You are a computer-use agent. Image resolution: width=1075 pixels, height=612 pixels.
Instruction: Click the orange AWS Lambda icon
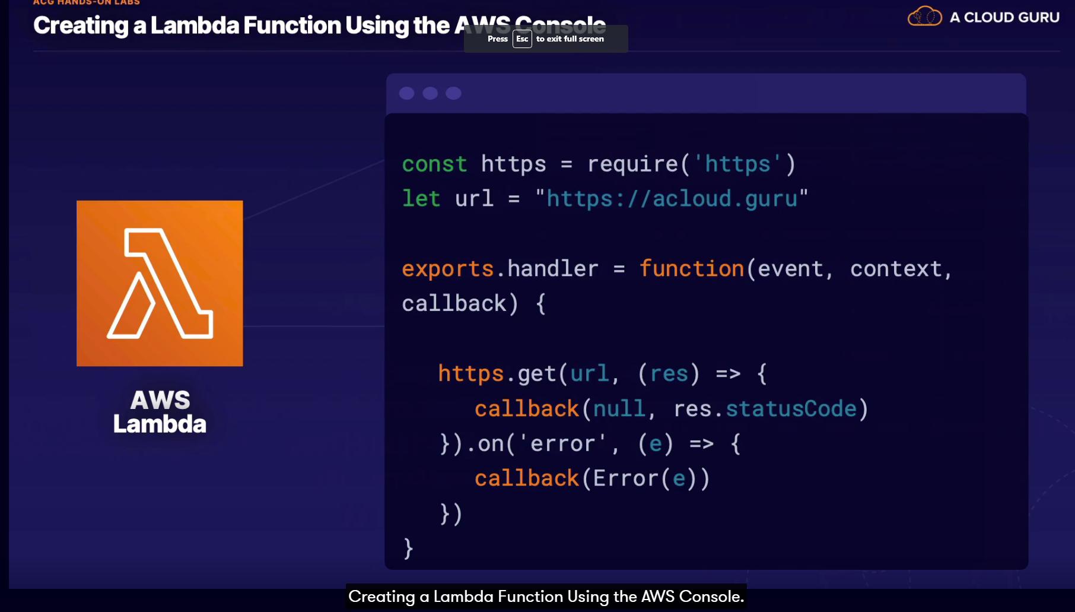click(160, 283)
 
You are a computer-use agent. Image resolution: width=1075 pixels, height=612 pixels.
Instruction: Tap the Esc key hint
click(522, 39)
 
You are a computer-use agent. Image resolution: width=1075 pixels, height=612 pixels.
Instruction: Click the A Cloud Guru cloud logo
click(924, 16)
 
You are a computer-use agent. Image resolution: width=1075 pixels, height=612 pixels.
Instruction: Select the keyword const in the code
click(434, 164)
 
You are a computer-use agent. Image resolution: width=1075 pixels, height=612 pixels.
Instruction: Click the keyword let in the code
click(421, 198)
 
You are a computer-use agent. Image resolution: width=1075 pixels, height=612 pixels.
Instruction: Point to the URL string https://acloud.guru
click(672, 199)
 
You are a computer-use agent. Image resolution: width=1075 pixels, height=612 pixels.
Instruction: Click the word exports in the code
click(447, 269)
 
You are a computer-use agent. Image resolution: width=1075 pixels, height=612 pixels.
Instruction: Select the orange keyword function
click(691, 269)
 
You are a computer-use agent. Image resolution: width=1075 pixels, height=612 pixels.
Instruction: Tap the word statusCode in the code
click(791, 409)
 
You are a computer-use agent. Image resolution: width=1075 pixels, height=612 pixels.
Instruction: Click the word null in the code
click(619, 409)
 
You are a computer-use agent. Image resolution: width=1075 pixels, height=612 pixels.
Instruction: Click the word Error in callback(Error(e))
click(625, 478)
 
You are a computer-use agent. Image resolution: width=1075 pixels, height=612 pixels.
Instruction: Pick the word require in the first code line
click(632, 164)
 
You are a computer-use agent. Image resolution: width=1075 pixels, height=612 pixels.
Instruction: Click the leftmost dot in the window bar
click(406, 93)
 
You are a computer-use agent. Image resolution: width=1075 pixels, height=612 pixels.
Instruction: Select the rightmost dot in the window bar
click(453, 93)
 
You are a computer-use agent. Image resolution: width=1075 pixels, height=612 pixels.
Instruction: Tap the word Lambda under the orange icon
click(160, 424)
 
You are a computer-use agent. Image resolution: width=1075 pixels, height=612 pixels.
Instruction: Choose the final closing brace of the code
click(408, 548)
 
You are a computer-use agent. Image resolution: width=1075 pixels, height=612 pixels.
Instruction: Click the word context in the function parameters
click(896, 269)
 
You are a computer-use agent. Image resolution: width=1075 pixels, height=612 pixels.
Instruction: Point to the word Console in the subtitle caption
click(711, 597)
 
